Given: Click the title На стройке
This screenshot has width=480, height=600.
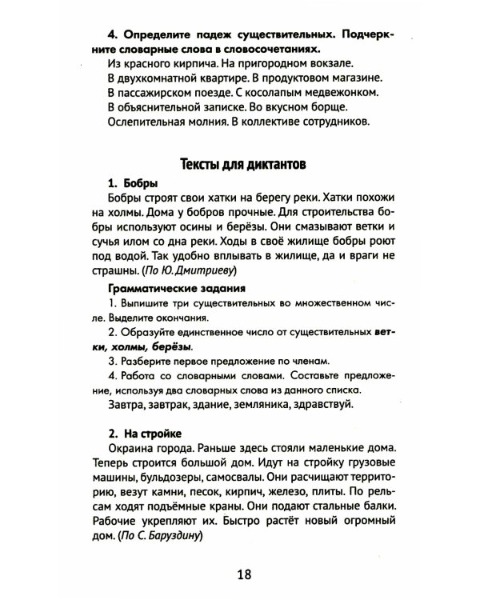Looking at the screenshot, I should click(x=149, y=433).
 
